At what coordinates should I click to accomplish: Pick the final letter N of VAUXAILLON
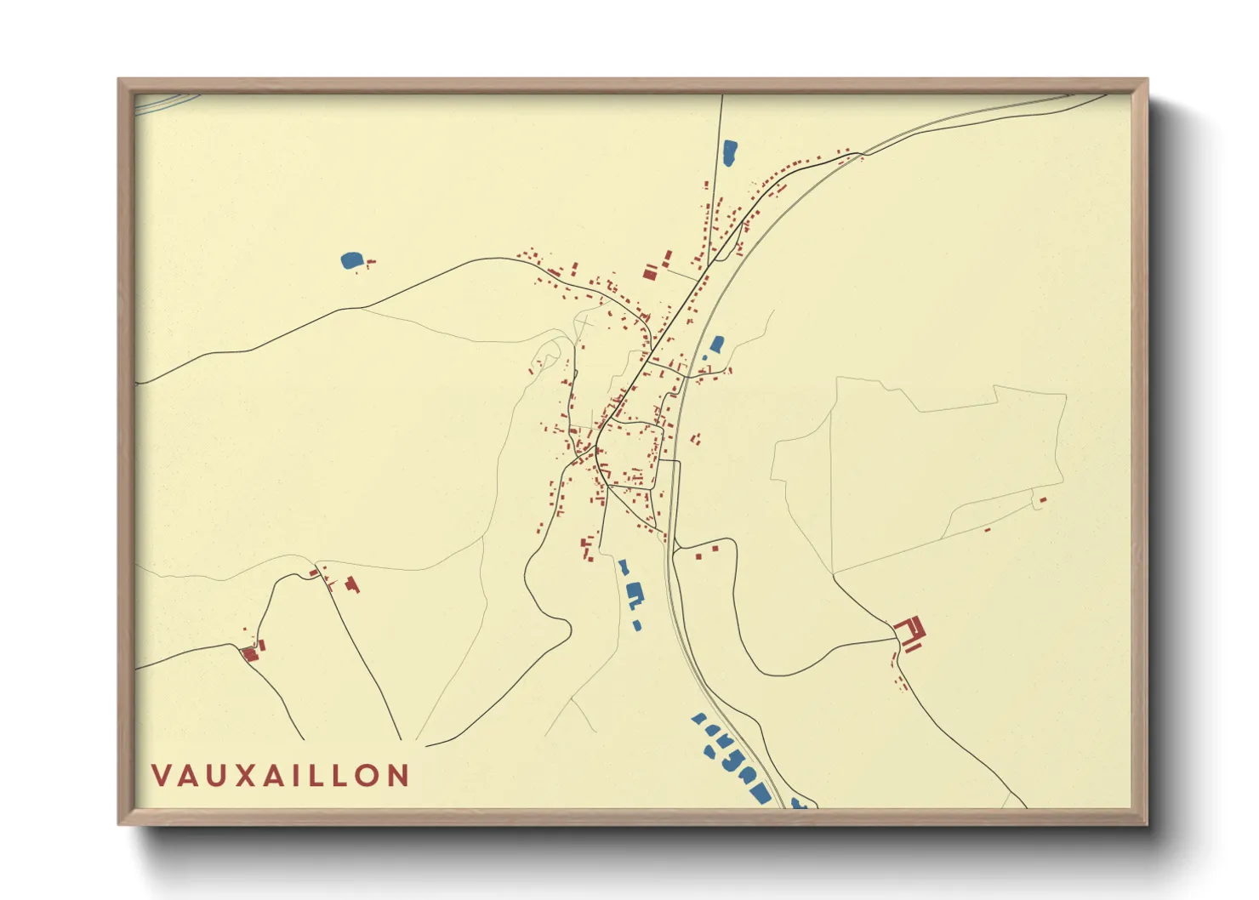[x=397, y=776]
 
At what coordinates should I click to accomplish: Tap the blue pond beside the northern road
[x=729, y=152]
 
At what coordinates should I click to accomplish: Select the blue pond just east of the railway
[x=717, y=345]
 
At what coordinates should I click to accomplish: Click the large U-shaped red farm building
[x=911, y=633]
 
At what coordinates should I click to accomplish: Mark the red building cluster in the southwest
[x=250, y=652]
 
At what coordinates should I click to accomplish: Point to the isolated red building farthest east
[x=1043, y=499]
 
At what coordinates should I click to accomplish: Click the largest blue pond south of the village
[x=634, y=594]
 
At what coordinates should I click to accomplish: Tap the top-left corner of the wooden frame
[x=119, y=80]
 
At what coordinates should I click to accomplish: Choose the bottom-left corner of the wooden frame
[x=119, y=823]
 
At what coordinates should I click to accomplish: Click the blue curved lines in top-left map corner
[x=166, y=103]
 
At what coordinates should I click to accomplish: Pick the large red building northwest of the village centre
[x=650, y=273]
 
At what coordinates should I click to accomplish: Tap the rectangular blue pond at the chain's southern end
[x=760, y=795]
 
